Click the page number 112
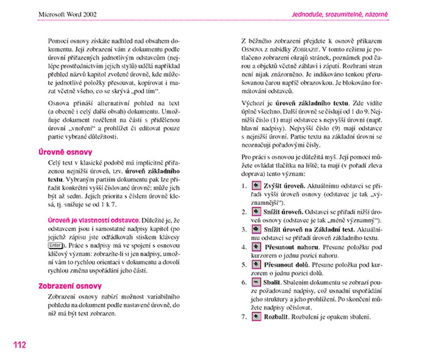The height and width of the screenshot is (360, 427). tap(19, 345)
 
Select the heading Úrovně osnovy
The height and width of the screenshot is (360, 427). tap(65, 152)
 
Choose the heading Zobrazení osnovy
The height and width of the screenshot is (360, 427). tap(70, 286)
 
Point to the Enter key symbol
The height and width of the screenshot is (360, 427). tap(55, 246)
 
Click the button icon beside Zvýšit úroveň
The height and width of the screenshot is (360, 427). tap(256, 186)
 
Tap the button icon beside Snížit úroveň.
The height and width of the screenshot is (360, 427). tap(256, 212)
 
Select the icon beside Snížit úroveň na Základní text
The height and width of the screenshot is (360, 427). tap(256, 229)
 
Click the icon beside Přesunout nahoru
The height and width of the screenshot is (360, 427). tap(256, 247)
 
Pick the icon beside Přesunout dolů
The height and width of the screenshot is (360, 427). tap(256, 265)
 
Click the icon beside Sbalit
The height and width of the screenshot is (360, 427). tap(256, 282)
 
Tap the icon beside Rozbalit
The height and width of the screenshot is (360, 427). tap(256, 317)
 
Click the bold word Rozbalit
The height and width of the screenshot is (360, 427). tap(277, 317)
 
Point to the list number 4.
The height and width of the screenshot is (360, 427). tap(244, 247)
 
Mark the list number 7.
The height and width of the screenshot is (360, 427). tap(244, 317)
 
